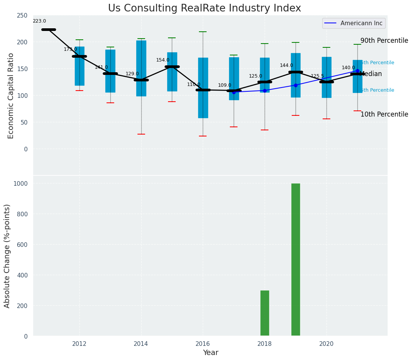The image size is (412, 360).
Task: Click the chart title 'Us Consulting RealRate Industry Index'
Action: click(x=204, y=8)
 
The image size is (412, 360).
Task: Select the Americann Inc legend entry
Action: click(x=354, y=23)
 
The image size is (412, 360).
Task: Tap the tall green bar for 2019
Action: click(x=296, y=259)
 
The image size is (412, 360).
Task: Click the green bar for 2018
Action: click(x=265, y=313)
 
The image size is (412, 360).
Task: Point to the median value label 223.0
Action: click(x=39, y=21)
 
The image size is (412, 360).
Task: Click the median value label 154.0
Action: click(x=163, y=60)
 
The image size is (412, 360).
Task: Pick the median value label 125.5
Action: click(x=317, y=76)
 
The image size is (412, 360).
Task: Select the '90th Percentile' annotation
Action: click(x=384, y=41)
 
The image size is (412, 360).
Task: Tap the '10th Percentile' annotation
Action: click(x=384, y=114)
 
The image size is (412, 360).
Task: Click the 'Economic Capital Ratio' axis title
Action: click(x=11, y=96)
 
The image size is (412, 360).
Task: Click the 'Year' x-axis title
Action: click(x=210, y=353)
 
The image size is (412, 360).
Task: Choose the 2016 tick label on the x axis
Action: click(x=203, y=344)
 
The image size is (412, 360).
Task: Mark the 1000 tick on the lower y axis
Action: click(x=21, y=183)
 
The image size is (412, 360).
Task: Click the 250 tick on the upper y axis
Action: click(x=22, y=15)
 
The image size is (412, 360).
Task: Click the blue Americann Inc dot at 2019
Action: click(x=296, y=85)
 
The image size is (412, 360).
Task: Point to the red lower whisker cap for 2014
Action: click(x=141, y=134)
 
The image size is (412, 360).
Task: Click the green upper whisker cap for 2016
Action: click(x=203, y=32)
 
